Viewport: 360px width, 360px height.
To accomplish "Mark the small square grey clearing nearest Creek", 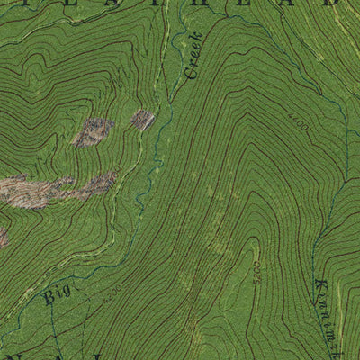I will tap(142, 119).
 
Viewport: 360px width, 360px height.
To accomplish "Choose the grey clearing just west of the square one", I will tap(94, 131).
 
